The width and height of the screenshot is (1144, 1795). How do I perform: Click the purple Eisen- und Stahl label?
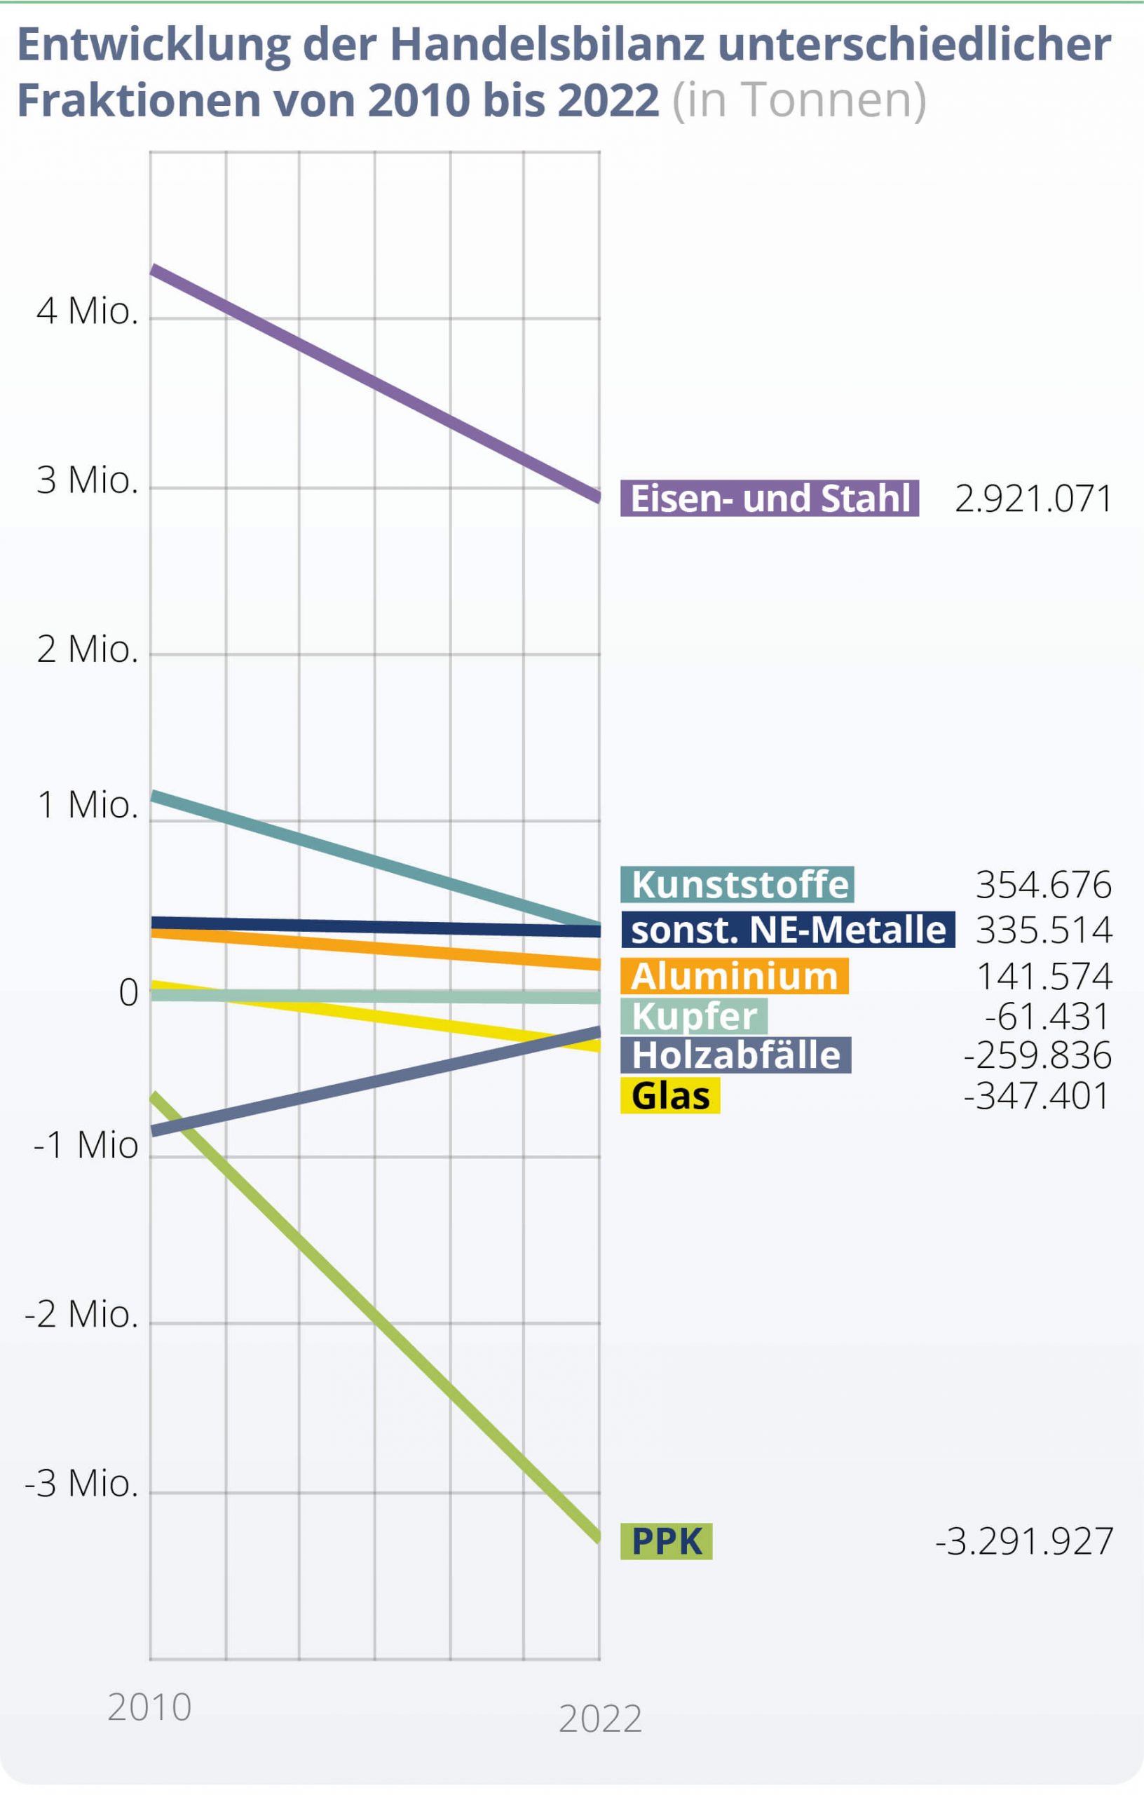(769, 498)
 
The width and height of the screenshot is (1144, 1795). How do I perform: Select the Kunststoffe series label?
(737, 884)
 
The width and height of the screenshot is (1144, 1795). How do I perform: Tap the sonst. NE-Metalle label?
(787, 930)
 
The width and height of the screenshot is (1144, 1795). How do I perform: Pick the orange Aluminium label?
(734, 976)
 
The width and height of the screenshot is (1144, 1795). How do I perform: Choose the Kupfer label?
(694, 1015)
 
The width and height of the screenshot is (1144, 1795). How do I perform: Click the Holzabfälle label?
(735, 1055)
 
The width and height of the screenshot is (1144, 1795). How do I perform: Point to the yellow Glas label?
(670, 1095)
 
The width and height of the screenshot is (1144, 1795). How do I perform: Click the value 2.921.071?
(1033, 499)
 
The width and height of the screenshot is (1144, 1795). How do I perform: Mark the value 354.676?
(1043, 885)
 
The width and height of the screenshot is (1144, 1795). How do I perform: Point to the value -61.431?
(1047, 1016)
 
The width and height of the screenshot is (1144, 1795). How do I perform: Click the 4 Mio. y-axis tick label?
(87, 311)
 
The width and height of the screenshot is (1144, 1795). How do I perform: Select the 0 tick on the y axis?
(129, 993)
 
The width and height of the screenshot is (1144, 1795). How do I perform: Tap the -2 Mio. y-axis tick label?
(81, 1314)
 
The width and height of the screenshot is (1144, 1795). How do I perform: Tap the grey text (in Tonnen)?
(799, 100)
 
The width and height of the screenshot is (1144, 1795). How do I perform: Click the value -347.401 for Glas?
(1037, 1096)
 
